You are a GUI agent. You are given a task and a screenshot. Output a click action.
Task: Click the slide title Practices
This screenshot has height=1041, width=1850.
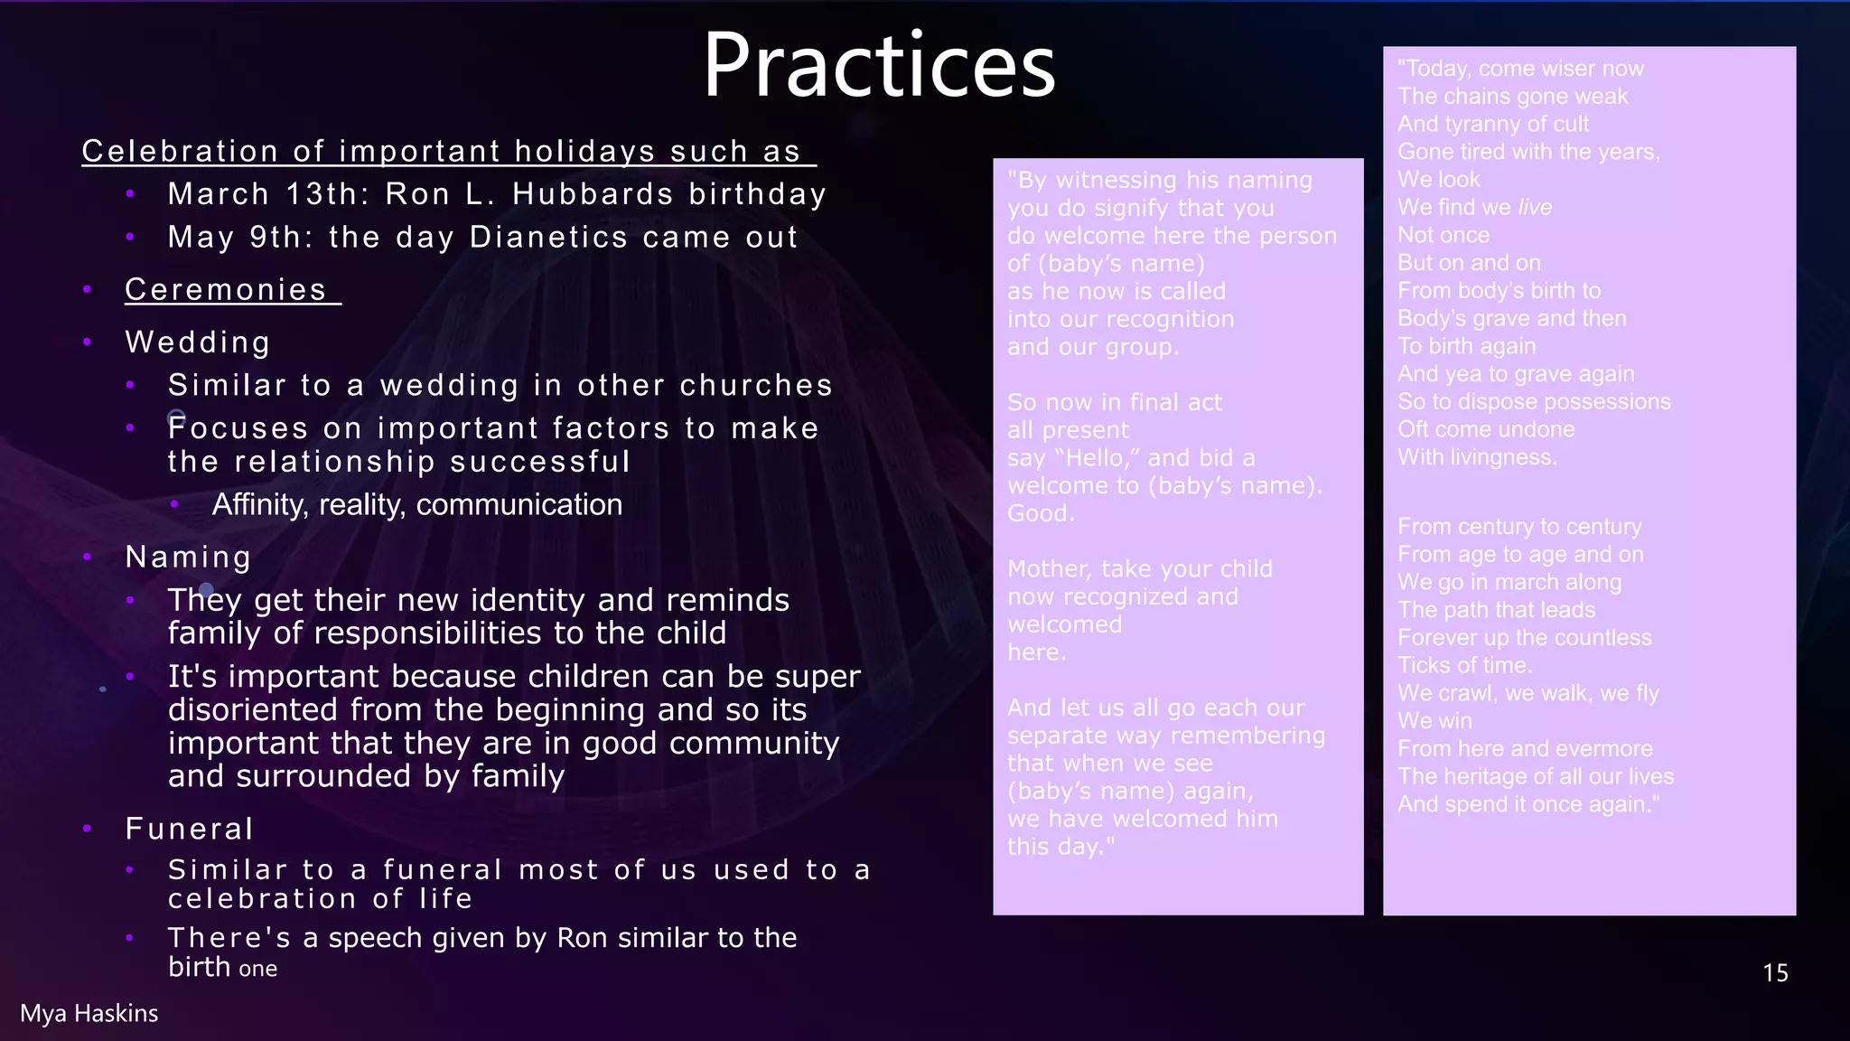click(879, 65)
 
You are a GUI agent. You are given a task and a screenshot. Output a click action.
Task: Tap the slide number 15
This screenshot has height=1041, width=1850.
click(1774, 973)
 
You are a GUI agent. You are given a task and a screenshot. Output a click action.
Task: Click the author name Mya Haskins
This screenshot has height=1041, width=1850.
click(89, 1013)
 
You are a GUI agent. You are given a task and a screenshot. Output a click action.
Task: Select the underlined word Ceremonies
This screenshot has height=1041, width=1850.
click(226, 289)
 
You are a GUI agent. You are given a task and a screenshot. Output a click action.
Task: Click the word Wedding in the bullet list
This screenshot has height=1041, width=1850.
click(198, 342)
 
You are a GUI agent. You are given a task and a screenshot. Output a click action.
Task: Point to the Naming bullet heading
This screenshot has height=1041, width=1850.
click(188, 557)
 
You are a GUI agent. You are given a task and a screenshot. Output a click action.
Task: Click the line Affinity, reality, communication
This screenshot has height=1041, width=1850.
click(416, 504)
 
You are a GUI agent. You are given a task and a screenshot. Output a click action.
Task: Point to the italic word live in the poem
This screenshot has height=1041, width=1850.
click(1535, 207)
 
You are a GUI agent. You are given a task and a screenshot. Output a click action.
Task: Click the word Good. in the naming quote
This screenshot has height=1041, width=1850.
click(1041, 513)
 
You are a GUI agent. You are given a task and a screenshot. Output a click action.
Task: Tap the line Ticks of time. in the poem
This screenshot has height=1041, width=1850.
click(1464, 665)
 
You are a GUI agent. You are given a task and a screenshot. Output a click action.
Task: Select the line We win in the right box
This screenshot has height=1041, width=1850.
click(1434, 721)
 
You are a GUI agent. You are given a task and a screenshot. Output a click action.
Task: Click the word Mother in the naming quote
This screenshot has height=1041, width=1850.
click(1048, 568)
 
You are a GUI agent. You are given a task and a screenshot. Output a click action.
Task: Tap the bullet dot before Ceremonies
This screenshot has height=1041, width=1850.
click(88, 289)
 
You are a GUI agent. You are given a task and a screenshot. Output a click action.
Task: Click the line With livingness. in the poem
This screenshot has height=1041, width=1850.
click(1477, 457)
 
